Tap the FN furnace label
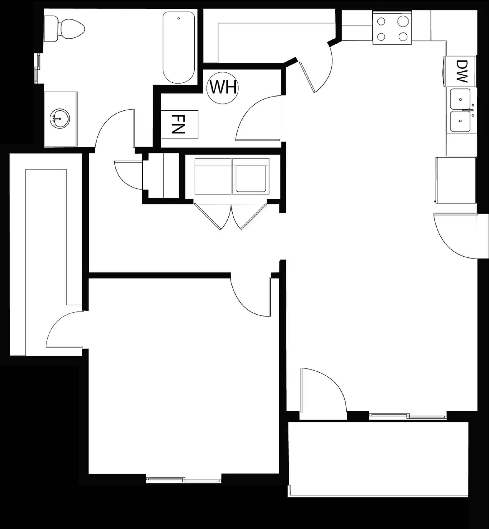[x=178, y=124]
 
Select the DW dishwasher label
[x=461, y=71]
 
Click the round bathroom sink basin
[x=60, y=118]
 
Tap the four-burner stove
[x=392, y=28]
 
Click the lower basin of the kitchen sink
[x=460, y=121]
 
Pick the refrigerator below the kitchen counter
[x=456, y=180]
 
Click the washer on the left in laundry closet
[x=213, y=177]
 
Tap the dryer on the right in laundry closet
[x=251, y=177]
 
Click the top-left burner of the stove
[x=381, y=22]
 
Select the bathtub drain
[x=178, y=19]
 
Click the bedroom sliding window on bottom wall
[x=184, y=479]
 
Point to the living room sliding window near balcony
[x=408, y=416]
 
